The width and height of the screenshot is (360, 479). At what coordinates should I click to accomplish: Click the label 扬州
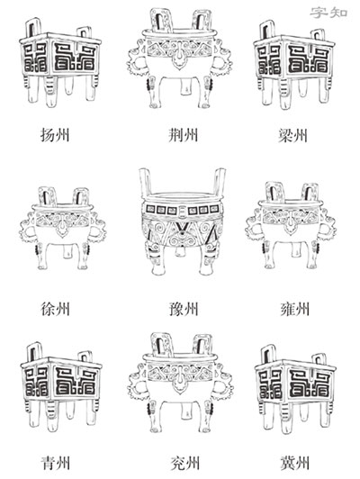tap(55, 135)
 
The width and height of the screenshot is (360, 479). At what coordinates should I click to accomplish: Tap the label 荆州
tap(184, 135)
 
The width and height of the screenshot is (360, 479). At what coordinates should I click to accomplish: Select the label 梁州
tap(292, 135)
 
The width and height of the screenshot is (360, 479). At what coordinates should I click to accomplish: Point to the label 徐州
tap(55, 309)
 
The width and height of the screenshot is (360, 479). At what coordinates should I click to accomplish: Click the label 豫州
tap(184, 309)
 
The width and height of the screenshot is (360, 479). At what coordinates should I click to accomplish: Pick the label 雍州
tap(295, 309)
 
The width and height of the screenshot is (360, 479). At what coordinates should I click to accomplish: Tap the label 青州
tap(55, 464)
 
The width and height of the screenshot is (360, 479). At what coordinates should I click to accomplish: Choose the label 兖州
tap(185, 464)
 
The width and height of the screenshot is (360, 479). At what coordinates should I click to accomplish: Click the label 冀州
tap(295, 464)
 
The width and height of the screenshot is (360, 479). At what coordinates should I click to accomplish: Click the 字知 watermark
tap(328, 13)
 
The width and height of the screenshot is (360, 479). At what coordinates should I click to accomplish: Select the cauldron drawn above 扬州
tap(60, 62)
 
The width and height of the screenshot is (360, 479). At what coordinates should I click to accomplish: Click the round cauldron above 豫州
tap(183, 221)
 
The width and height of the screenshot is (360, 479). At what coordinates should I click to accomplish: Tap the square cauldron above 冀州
tap(295, 389)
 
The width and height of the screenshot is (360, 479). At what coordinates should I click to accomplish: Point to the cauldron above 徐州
tap(63, 229)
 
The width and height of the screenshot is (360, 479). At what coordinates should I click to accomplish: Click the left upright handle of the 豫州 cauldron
tap(145, 182)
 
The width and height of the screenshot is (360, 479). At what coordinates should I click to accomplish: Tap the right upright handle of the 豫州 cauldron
tap(220, 182)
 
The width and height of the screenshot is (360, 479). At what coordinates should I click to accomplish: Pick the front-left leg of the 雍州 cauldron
tap(268, 254)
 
